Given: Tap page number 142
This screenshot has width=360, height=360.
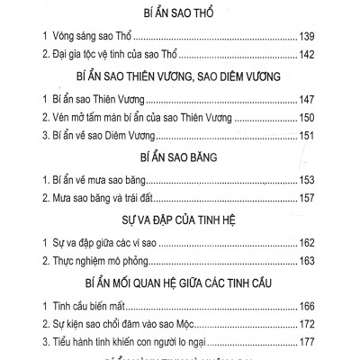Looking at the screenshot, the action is pos(304,56).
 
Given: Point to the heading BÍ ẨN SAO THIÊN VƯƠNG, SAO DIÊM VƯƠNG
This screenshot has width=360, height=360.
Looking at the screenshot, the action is pos(180,78).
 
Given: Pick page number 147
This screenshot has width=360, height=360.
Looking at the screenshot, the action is pos(304,104).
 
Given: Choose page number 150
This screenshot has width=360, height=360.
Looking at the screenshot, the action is pos(304,121).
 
